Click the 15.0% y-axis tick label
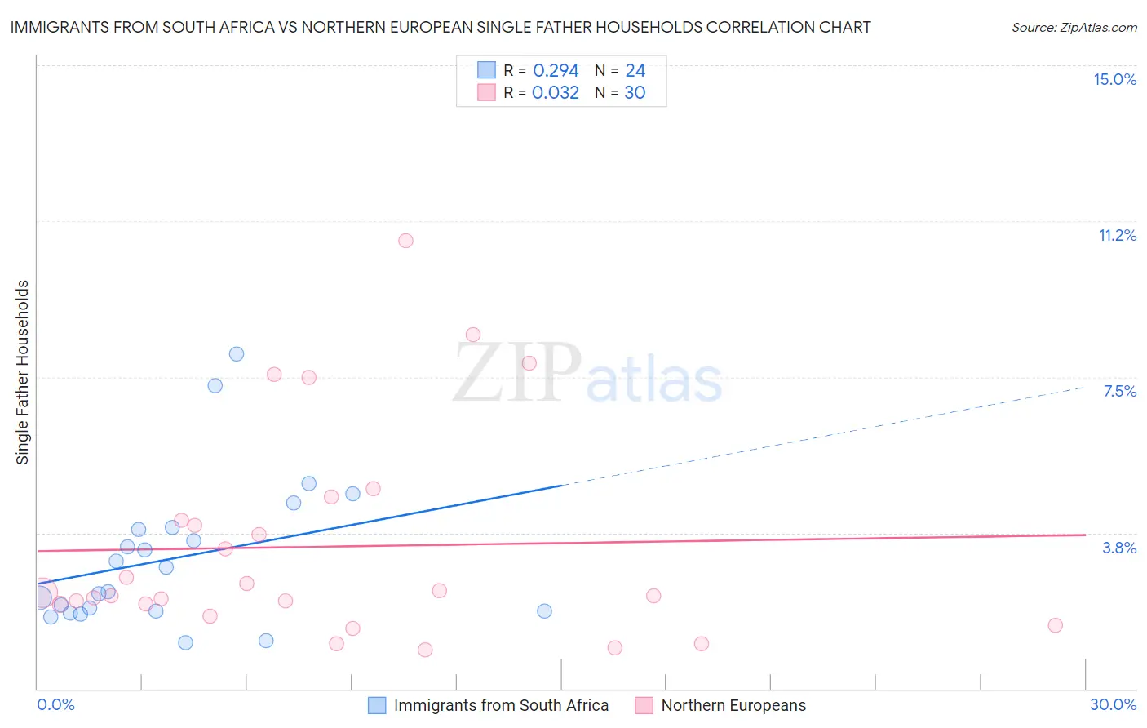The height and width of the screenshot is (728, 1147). pos(1114,79)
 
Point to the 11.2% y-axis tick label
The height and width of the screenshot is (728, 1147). pos(1117,235)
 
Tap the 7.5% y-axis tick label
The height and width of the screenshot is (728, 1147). pos(1119,391)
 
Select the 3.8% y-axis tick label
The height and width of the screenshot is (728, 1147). pos(1119,548)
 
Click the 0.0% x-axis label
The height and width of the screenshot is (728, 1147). pos(55,704)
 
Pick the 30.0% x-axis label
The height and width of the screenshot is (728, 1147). pos(1113,704)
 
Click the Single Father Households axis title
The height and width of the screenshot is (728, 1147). pos(23,372)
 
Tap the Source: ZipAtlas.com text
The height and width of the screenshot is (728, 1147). pos(1074,27)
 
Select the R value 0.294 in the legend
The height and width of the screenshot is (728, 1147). pos(556,71)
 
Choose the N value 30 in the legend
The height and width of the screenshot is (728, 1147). pos(635,93)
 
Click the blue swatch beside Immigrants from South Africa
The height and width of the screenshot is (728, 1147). pos(377,705)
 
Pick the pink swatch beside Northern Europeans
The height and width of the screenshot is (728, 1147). pos(644,705)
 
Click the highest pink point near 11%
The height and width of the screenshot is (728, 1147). pos(405,241)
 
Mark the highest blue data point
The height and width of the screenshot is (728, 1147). pos(237,354)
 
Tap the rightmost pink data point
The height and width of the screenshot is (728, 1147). pos(1055,625)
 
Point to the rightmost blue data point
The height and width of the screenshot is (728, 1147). pos(544,611)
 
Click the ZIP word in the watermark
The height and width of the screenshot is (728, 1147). pos(517,373)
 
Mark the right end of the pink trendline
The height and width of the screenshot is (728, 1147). pos(1085,535)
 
